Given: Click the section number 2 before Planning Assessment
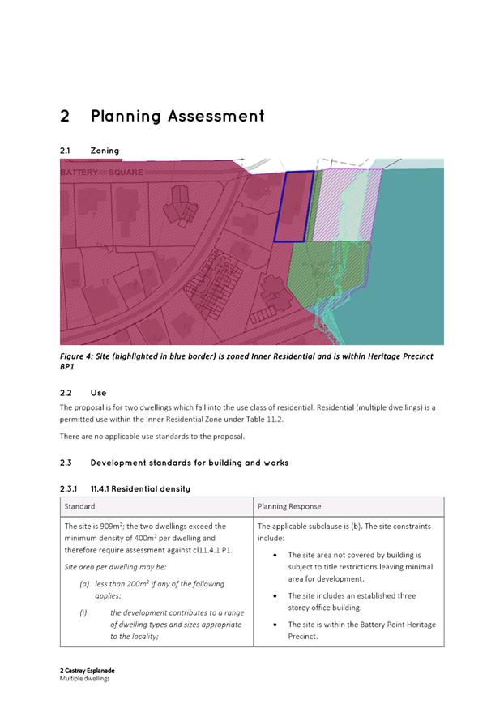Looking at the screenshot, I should (x=65, y=117).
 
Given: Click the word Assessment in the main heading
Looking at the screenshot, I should (x=216, y=117).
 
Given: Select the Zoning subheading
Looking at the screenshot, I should (x=105, y=151).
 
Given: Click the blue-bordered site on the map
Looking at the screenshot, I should (x=293, y=206).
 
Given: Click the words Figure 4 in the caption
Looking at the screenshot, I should (x=79, y=356).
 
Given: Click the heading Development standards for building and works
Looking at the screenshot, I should (x=190, y=463).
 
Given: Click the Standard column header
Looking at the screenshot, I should (x=80, y=506).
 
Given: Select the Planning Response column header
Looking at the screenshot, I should (x=289, y=506).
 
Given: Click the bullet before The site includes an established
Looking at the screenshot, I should (x=278, y=595).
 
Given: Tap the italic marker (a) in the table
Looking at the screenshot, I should (x=84, y=584).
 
